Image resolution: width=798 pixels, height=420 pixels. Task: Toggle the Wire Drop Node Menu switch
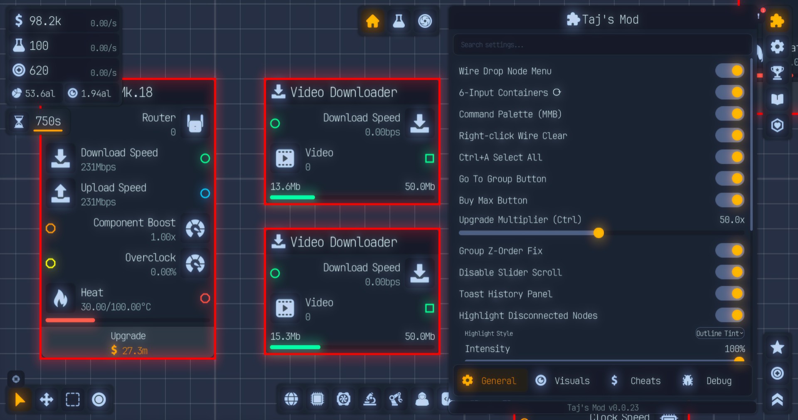pyautogui.click(x=730, y=71)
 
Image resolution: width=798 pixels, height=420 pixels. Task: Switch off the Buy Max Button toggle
pyautogui.click(x=730, y=200)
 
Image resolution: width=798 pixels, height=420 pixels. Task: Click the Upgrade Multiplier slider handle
pyautogui.click(x=598, y=233)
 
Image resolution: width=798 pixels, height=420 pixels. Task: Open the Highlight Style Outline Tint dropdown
pyautogui.click(x=719, y=333)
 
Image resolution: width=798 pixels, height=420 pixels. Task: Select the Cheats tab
pyautogui.click(x=636, y=380)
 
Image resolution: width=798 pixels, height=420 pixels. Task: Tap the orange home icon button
pyautogui.click(x=372, y=21)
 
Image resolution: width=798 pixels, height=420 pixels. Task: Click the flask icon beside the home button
pyautogui.click(x=399, y=21)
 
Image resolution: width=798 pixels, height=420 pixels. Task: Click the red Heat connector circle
pyautogui.click(x=205, y=298)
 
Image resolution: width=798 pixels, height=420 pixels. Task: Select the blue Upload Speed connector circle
pyautogui.click(x=205, y=193)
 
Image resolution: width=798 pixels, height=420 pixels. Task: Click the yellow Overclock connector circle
pyautogui.click(x=51, y=263)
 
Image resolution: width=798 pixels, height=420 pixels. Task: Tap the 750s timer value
pyautogui.click(x=48, y=121)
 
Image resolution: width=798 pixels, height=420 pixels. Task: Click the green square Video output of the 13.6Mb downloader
pyautogui.click(x=429, y=158)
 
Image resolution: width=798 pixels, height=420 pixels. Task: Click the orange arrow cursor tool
pyautogui.click(x=20, y=400)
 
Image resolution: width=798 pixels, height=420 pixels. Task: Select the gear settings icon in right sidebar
pyautogui.click(x=777, y=47)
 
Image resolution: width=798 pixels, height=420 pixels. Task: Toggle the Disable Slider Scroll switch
pyautogui.click(x=730, y=272)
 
